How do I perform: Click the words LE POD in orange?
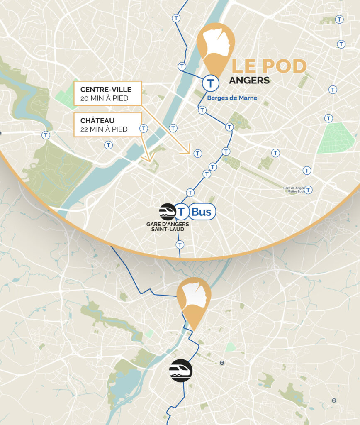click(269, 66)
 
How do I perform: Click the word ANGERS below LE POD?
click(249, 80)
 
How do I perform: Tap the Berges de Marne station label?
click(232, 98)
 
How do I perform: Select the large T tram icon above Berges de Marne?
click(211, 83)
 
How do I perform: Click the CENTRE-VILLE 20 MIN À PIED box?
click(107, 93)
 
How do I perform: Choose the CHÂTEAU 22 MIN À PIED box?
click(107, 125)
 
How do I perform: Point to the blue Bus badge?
click(202, 212)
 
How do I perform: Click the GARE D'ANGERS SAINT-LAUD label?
click(168, 227)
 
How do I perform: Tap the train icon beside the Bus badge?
click(168, 212)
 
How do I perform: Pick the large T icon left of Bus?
click(181, 212)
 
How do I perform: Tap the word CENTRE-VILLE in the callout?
click(106, 89)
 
